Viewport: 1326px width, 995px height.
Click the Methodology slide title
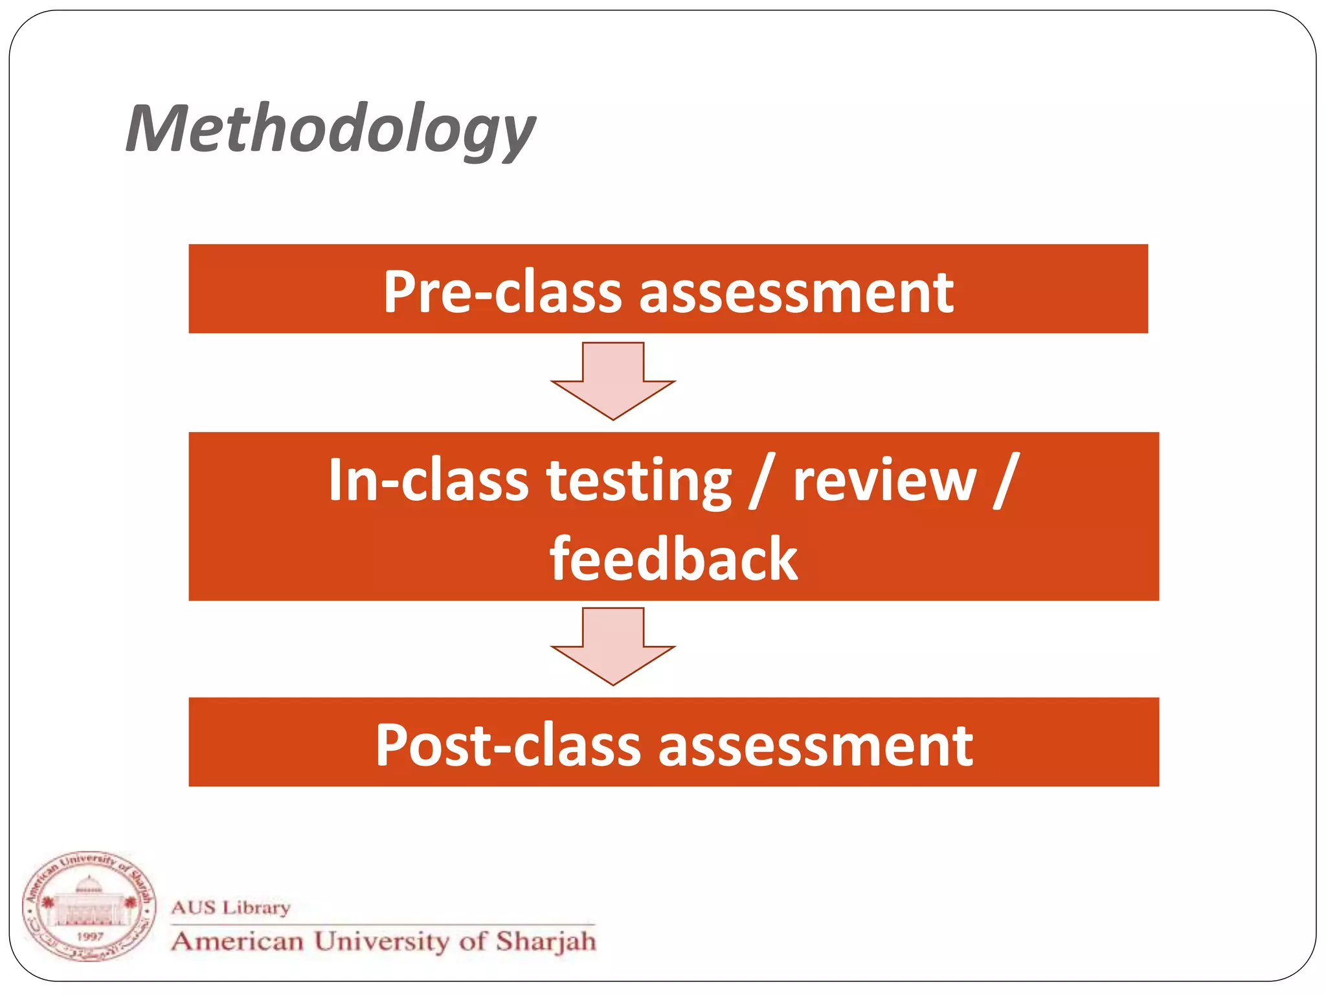[330, 130]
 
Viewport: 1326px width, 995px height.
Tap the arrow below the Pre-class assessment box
[612, 382]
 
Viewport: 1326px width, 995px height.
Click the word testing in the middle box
[640, 481]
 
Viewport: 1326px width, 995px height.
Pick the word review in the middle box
[884, 480]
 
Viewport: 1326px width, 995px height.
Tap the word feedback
[673, 559]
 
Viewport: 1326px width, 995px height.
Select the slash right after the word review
[1007, 480]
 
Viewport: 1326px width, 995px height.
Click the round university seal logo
[89, 907]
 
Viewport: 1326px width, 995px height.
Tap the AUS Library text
[231, 908]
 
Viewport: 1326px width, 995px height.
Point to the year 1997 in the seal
[89, 937]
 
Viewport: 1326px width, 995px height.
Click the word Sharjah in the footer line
[546, 942]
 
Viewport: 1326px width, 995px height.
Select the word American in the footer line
[238, 941]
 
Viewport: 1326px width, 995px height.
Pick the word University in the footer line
[381, 941]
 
